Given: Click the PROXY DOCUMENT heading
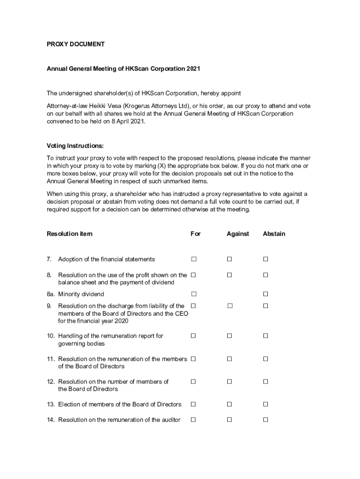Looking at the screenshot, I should coord(75,44).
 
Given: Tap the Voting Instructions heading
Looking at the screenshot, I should coord(75,145).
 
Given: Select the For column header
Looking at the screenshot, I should coord(195,233).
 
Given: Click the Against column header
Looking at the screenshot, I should coord(238,233).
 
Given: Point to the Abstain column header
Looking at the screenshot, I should coord(274,233).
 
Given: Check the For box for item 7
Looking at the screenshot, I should coord(193,259).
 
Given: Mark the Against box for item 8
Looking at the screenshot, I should coord(229,275).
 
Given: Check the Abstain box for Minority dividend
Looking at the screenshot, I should coord(265,294).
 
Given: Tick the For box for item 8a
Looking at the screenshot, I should coord(193,294).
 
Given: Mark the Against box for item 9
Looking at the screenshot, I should coord(230,306).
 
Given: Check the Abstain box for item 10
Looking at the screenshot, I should coord(265,336).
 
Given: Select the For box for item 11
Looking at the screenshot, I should coord(193,359).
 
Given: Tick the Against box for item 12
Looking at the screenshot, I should coord(229,382).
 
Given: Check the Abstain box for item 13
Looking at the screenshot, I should coord(265,404).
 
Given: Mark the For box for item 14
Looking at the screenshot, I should coord(193,420).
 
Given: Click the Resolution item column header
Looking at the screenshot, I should coord(70,233).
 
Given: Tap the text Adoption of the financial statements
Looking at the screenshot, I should coord(106,259).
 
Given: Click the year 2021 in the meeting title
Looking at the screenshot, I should coord(193,69).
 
